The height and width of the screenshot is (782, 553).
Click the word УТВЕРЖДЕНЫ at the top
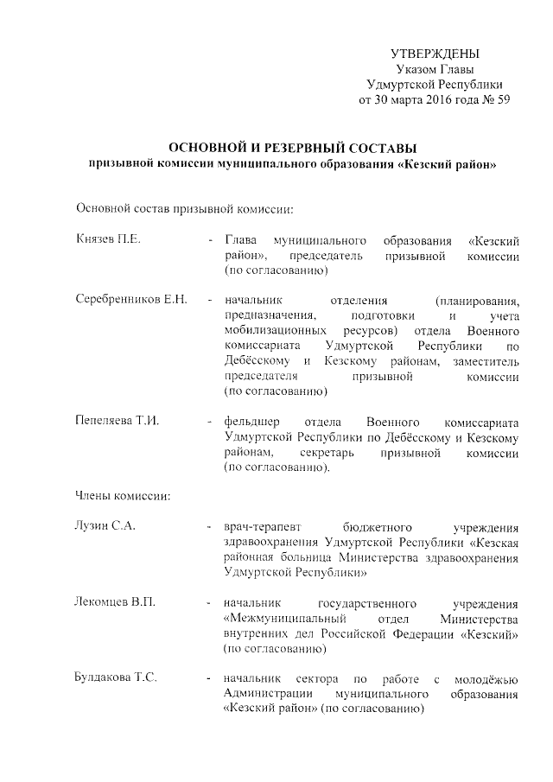click(x=435, y=54)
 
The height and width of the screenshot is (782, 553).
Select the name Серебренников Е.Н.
click(x=130, y=301)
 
